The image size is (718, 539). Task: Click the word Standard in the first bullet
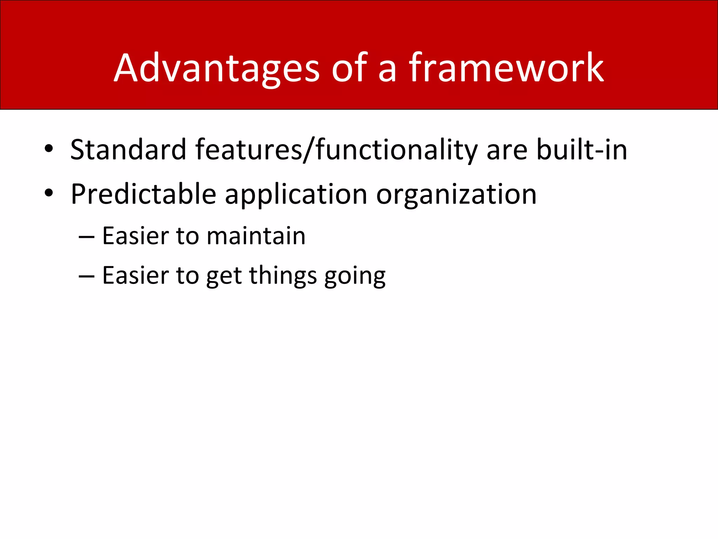point(128,150)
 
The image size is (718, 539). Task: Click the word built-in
point(582,150)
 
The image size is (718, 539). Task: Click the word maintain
point(256,236)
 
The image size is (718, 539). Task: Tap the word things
point(283,276)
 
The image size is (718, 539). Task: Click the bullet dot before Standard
point(49,149)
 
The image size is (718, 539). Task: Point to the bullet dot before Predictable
point(49,193)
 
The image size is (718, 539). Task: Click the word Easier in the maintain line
point(135,236)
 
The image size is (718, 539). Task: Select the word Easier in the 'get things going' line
point(135,275)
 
